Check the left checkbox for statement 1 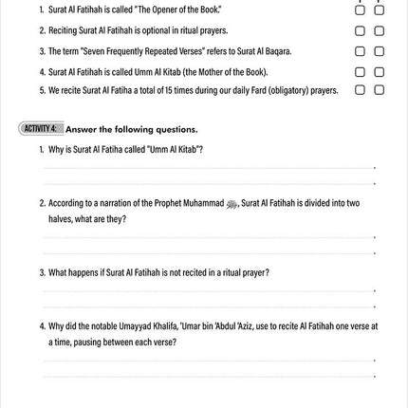coord(360,10)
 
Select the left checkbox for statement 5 coord(360,91)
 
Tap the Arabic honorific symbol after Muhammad coord(232,204)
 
